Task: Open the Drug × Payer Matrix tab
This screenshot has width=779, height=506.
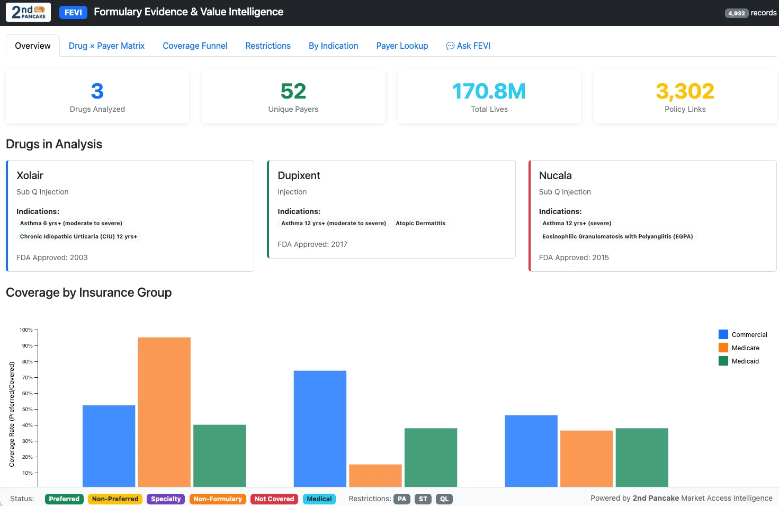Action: (x=106, y=46)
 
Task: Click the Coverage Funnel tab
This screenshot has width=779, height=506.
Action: (x=195, y=46)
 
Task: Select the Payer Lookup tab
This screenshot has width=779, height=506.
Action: (x=402, y=46)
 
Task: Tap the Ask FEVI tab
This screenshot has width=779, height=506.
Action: (x=468, y=46)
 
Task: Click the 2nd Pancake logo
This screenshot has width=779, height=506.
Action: (x=29, y=12)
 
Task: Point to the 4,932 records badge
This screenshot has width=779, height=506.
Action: (x=736, y=13)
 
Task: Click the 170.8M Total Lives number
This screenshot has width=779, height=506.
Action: (x=489, y=91)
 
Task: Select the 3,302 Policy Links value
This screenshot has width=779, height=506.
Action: (x=685, y=91)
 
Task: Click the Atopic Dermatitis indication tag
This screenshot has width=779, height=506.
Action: (x=420, y=223)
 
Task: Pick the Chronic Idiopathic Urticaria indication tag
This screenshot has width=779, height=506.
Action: (x=78, y=236)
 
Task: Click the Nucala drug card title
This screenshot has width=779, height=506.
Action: (x=555, y=175)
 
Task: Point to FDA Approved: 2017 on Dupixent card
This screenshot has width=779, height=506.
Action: (x=312, y=244)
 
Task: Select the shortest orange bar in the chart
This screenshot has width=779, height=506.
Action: (x=375, y=475)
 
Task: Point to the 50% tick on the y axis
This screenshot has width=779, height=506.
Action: (x=27, y=409)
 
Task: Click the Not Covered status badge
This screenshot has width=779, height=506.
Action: (x=274, y=499)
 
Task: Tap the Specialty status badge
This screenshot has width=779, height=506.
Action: (x=166, y=499)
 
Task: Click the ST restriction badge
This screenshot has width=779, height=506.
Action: (x=423, y=499)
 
